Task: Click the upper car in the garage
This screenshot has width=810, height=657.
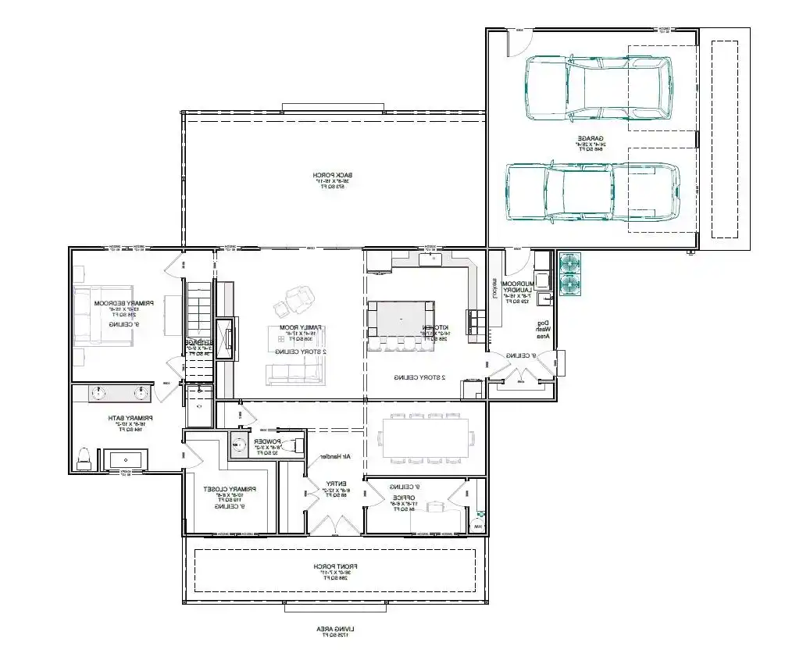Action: (x=598, y=87)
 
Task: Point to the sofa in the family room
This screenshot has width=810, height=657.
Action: (x=294, y=374)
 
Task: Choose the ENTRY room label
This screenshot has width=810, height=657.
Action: (x=337, y=490)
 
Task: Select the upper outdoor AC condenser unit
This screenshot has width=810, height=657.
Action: (x=570, y=263)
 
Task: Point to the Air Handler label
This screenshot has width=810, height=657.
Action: (x=332, y=456)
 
